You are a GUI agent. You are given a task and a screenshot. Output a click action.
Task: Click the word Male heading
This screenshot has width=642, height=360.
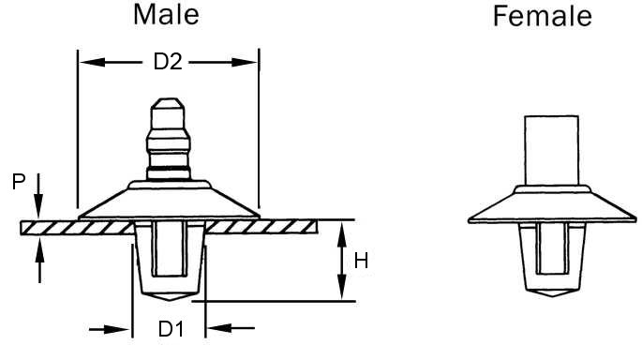tap(167, 15)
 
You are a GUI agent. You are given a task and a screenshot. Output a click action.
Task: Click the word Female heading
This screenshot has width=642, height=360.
tap(544, 16)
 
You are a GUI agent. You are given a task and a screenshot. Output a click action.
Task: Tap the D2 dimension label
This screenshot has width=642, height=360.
tap(167, 63)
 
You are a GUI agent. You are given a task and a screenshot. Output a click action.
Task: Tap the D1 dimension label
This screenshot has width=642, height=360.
tap(170, 329)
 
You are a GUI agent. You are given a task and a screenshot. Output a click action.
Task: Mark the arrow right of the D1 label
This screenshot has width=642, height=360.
tap(223, 329)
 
